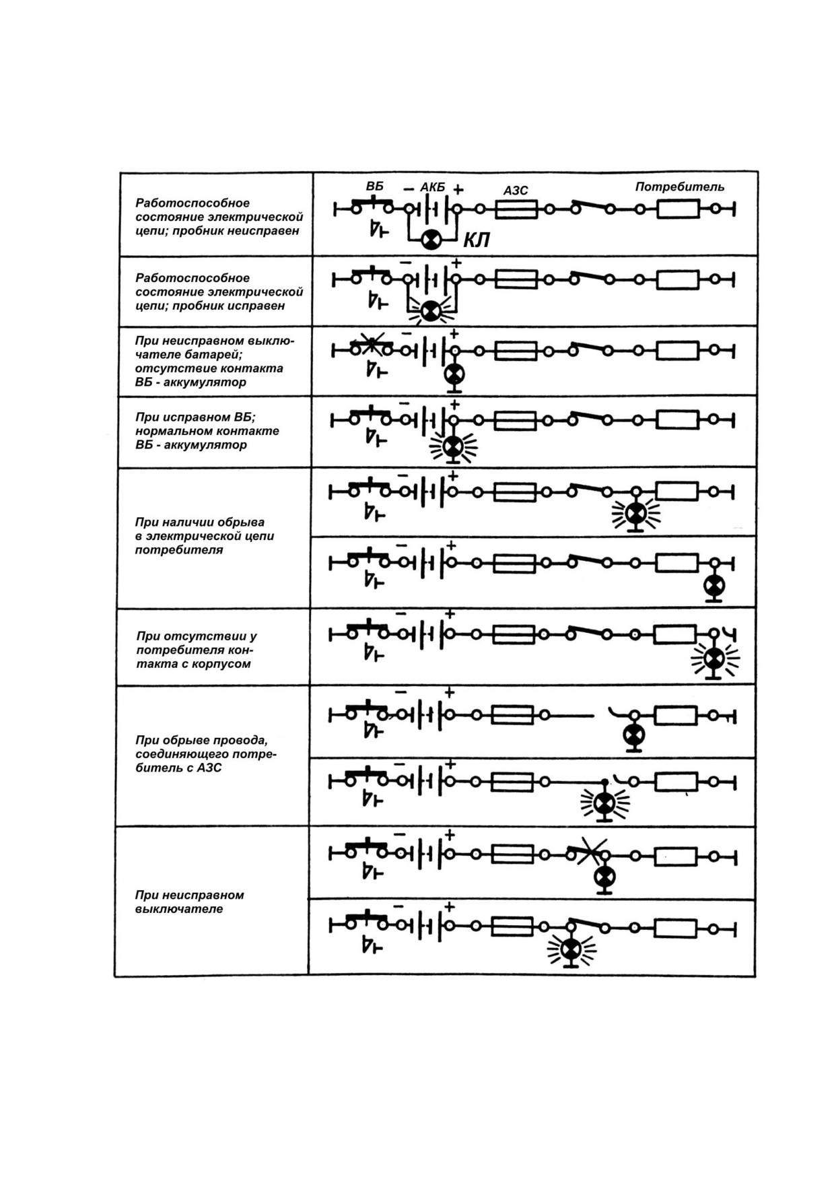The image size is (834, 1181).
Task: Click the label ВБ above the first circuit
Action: [375, 186]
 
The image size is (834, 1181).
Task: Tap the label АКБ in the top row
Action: [433, 187]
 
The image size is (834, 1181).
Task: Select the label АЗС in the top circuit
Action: [516, 191]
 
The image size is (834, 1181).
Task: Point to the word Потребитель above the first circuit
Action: [680, 187]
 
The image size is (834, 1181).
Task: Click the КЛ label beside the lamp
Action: [476, 240]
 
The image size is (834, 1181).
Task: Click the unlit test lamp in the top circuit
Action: [431, 238]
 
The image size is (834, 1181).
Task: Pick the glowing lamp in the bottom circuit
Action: [571, 949]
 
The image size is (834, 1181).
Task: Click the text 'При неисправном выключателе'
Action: [189, 902]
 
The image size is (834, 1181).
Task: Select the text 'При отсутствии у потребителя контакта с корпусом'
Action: [196, 649]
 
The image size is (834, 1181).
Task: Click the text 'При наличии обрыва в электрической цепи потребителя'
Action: [204, 535]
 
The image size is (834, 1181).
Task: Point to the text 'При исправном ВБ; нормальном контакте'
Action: [207, 424]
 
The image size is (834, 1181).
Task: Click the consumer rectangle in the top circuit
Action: [679, 209]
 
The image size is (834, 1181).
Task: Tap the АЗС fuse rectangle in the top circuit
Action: [516, 209]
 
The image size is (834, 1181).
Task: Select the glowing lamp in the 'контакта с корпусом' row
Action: [715, 659]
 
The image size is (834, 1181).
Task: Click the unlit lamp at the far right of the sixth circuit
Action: [714, 586]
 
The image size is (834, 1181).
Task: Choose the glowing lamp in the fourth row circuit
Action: [453, 445]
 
